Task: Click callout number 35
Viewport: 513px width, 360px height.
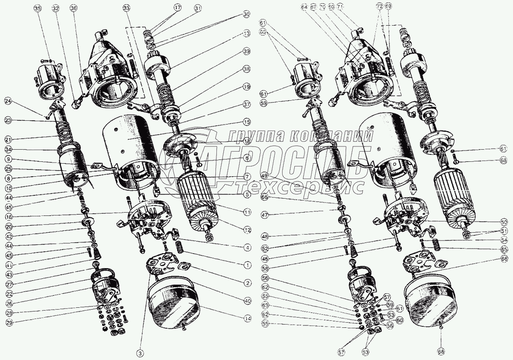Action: tap(37, 9)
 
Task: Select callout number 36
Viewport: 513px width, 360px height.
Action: tap(73, 9)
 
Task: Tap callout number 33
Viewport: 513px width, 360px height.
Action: tap(127, 9)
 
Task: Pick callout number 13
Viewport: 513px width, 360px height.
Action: tap(246, 33)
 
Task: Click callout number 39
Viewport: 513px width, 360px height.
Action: tap(246, 51)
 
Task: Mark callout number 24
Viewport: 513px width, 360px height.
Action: tap(8, 101)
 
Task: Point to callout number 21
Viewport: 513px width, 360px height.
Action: tap(8, 139)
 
